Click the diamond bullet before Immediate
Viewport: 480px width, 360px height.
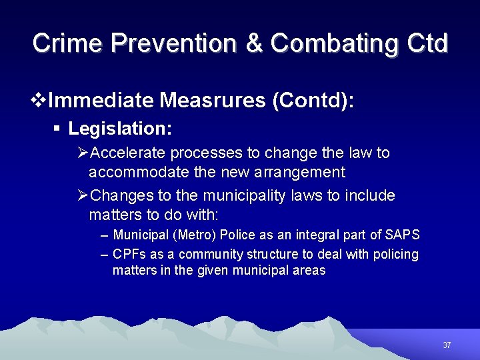coord(39,101)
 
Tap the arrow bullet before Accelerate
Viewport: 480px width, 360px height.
coord(83,153)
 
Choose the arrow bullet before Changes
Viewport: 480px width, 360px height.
coord(83,196)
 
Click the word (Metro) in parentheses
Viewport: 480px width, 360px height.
coord(192,235)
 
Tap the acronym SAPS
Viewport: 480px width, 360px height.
coord(403,235)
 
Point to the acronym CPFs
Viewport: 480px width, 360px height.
coord(127,255)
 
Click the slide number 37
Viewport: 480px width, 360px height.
coord(447,345)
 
